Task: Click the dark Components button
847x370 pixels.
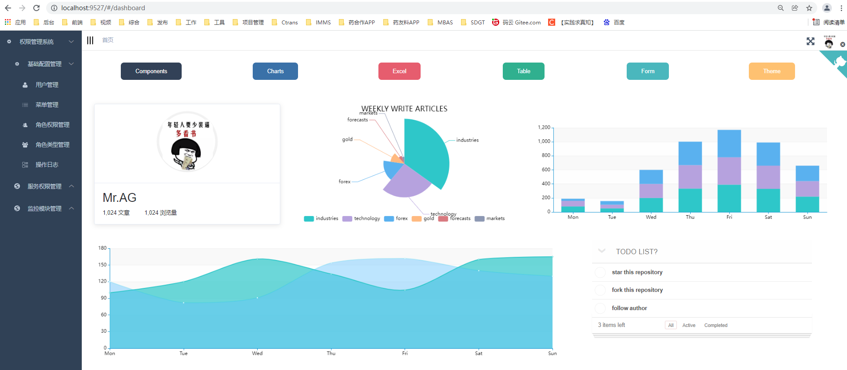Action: [151, 71]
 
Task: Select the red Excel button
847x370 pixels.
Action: [399, 71]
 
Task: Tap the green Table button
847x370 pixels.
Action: [523, 71]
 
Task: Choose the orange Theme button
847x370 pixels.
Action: [771, 71]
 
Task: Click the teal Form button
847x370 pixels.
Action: [648, 71]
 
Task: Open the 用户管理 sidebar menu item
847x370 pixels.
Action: [47, 85]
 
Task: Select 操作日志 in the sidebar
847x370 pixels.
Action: [47, 165]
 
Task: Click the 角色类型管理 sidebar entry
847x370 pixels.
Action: [52, 145]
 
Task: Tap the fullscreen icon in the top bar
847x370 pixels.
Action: [811, 41]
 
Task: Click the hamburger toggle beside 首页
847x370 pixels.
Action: [90, 40]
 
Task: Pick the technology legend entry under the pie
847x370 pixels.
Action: [362, 218]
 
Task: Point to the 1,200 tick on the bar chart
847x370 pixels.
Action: [544, 127]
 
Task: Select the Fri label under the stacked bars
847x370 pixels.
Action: [729, 217]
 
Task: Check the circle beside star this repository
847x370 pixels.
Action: [600, 272]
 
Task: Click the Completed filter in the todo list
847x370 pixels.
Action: [716, 325]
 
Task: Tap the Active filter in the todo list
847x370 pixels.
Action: [688, 325]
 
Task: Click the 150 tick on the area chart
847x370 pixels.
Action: [103, 265]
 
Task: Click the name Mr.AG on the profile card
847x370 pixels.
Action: [119, 198]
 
